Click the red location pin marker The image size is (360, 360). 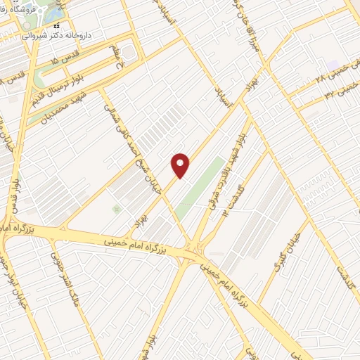(x=181, y=165)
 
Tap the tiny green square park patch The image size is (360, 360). (x=116, y=209)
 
